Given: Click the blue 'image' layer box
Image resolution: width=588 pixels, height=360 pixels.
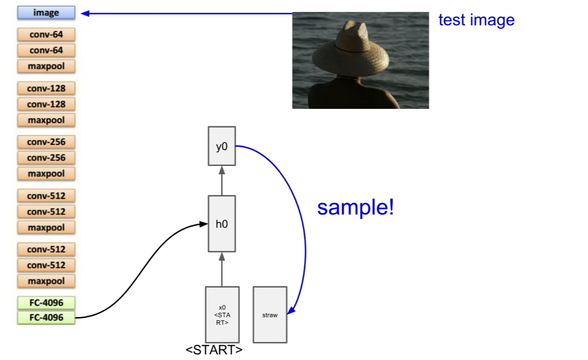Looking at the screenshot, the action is point(46,13).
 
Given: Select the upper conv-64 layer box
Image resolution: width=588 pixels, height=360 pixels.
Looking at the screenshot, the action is point(46,34).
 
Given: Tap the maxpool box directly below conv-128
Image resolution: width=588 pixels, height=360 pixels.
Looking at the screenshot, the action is point(46,120).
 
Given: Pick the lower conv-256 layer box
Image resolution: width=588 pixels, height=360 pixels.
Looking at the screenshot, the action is point(46,158).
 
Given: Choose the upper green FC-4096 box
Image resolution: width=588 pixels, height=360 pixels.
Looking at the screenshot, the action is point(46,303).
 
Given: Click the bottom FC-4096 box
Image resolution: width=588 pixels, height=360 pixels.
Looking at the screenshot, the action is point(46,317).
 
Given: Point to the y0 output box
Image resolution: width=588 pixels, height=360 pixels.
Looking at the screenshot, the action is point(222,146).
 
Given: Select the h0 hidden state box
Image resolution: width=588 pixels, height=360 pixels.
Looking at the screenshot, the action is point(222,224).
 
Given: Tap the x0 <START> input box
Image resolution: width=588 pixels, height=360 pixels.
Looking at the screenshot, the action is point(222,315).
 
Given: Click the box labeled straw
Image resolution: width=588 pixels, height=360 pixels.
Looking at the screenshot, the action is point(270,315).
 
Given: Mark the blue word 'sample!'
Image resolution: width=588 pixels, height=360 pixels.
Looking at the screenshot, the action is point(355,208).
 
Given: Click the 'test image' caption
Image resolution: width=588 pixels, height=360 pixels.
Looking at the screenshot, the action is point(477,20).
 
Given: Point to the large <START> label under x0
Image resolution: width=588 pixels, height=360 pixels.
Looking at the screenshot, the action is point(214,350).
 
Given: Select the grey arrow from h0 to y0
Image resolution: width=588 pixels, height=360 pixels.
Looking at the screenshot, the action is point(222,180).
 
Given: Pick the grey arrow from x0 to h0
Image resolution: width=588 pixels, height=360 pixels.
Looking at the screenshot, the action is point(222,270).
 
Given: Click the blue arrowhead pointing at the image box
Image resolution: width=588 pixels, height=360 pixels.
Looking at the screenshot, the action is point(85,14).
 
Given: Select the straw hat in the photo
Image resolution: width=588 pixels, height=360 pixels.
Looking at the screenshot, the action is point(351,50).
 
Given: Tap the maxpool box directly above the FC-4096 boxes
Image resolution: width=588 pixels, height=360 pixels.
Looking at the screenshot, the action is point(46,281).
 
